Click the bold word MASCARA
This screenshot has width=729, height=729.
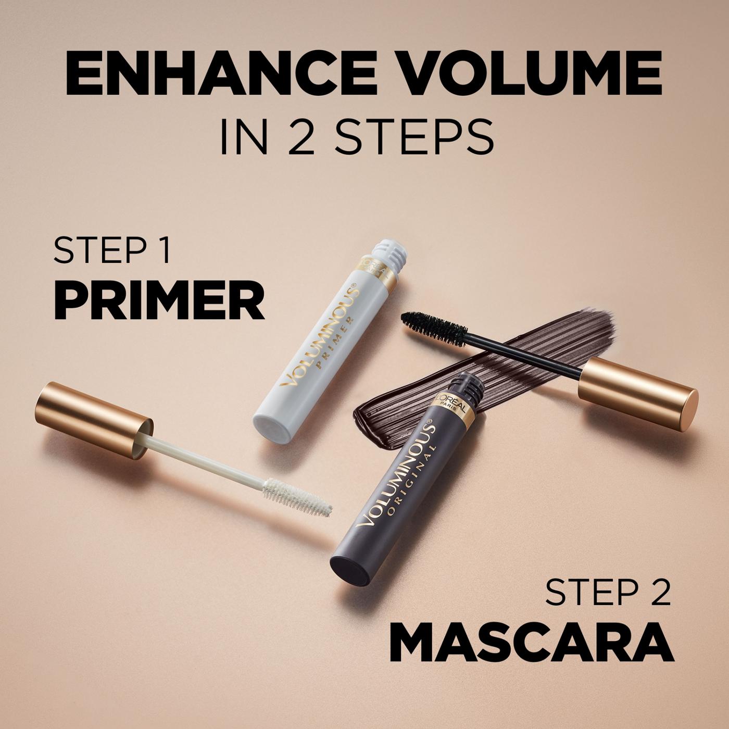[531, 642]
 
